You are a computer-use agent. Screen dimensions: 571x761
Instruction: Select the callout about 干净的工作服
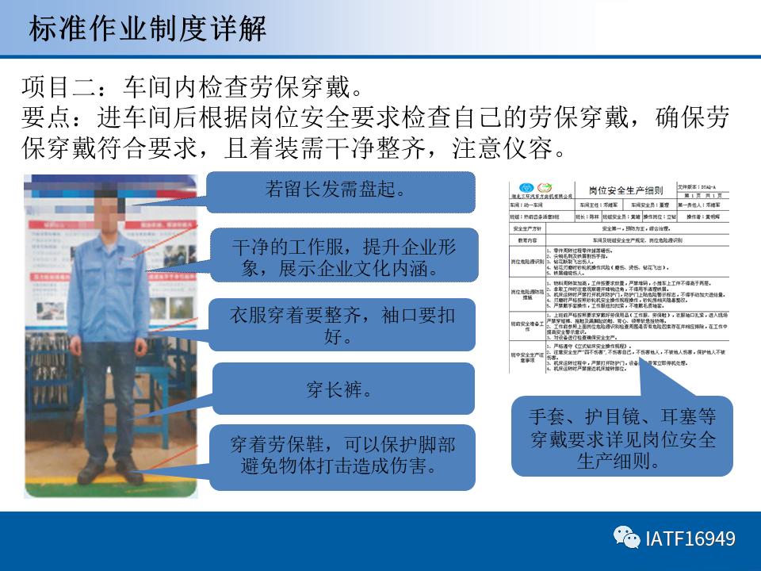pyautogui.click(x=342, y=257)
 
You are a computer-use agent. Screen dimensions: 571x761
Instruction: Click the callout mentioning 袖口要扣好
pyautogui.click(x=342, y=325)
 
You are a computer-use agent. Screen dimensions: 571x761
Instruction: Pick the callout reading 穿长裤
pyautogui.click(x=342, y=389)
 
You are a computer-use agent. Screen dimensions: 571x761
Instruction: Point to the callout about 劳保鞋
pyautogui.click(x=342, y=454)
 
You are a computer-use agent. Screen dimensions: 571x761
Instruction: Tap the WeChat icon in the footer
pyautogui.click(x=628, y=538)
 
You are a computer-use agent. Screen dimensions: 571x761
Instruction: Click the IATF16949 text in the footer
pyautogui.click(x=690, y=539)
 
